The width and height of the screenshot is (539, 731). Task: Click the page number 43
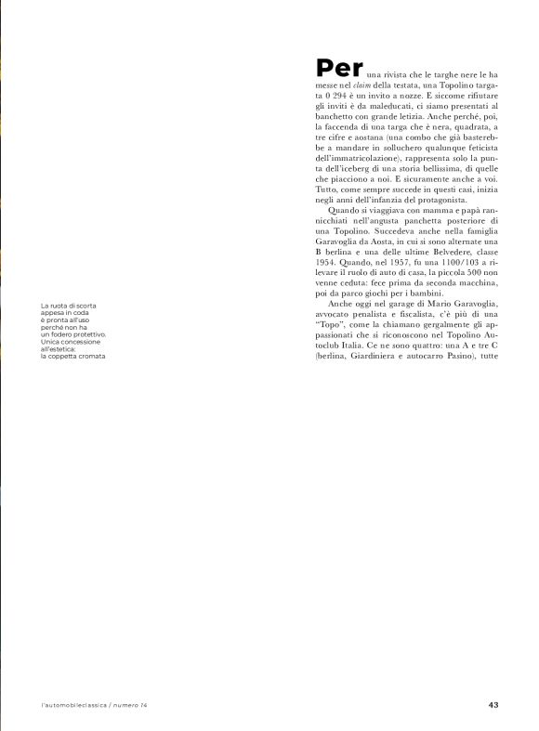pos(493,705)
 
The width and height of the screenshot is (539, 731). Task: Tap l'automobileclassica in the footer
pos(73,705)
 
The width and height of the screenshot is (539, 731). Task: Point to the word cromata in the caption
pos(88,356)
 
